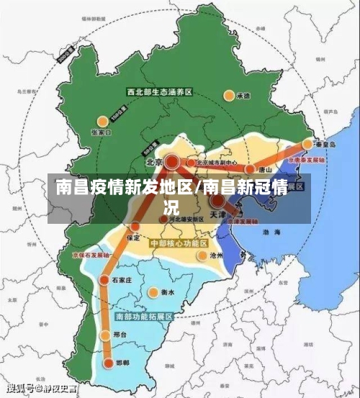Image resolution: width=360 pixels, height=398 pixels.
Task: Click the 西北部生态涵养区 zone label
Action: pyautogui.click(x=159, y=92)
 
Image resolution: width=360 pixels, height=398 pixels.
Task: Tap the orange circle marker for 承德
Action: pyautogui.click(x=230, y=94)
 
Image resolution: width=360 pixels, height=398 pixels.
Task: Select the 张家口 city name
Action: pyautogui.click(x=102, y=133)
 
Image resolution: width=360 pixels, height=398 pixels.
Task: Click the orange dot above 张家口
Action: pyautogui.click(x=103, y=120)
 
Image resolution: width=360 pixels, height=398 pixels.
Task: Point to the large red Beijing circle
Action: pyautogui.click(x=172, y=162)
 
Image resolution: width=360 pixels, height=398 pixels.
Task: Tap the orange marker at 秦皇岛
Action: pyautogui.click(x=307, y=144)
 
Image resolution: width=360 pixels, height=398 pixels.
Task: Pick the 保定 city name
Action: pyautogui.click(x=133, y=237)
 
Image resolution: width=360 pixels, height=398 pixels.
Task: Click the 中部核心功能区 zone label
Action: pyautogui.click(x=178, y=244)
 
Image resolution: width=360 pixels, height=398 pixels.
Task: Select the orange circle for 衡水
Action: pyautogui.click(x=153, y=292)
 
